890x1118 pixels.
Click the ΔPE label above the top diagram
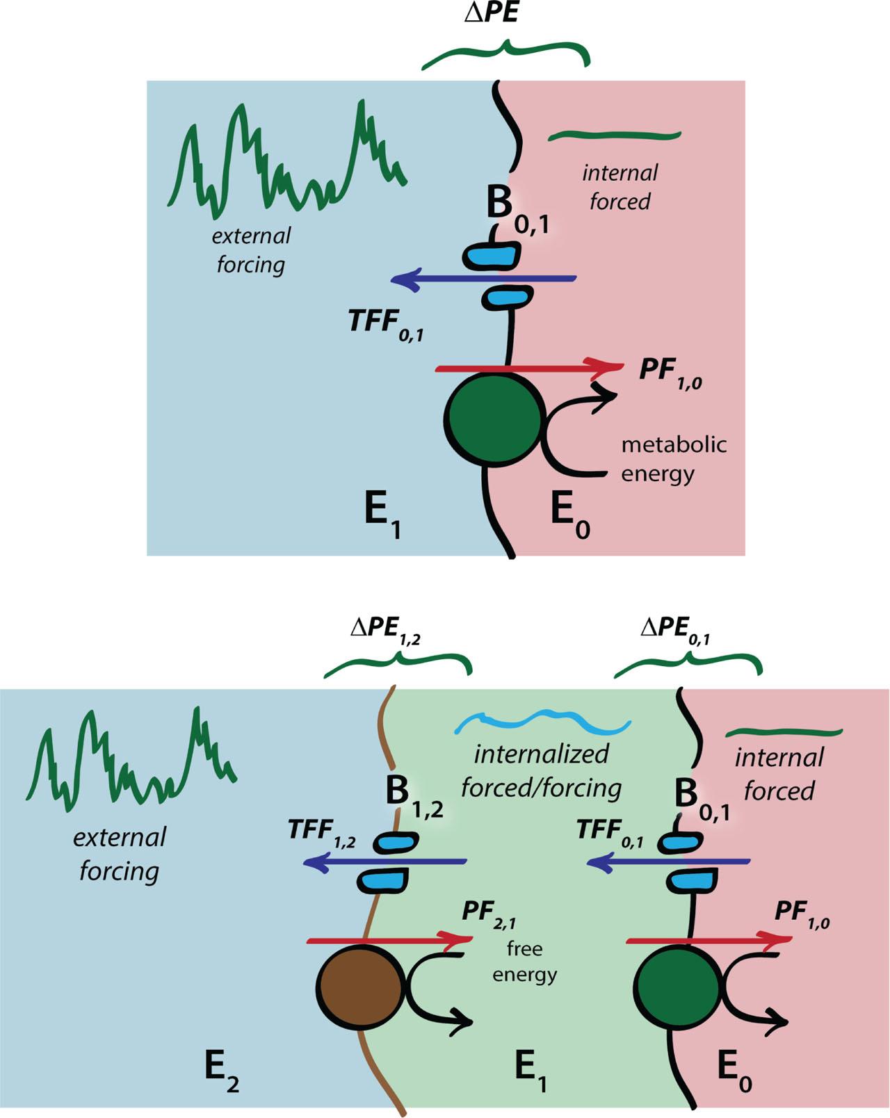491,13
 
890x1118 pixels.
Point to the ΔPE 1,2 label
385,630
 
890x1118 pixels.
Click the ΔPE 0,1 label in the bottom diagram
675,630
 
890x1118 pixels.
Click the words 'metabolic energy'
673,459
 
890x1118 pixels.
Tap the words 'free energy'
524,962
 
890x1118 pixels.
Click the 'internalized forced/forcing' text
541,770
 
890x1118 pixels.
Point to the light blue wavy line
542,722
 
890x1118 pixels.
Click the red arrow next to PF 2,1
389,941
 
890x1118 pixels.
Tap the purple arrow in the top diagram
483,279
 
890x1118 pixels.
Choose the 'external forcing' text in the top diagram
251,250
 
